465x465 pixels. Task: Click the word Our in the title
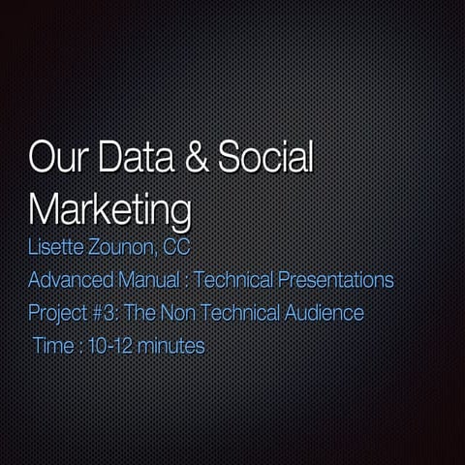pos(56,158)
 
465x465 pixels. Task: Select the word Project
pos(57,314)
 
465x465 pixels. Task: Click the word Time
pos(52,346)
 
